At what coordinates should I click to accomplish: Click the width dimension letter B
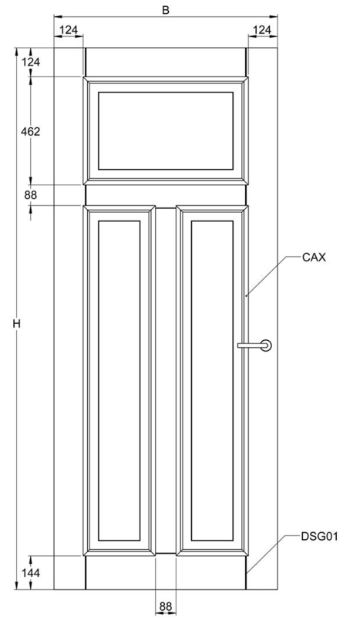point(166,10)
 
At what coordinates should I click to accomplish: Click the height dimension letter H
point(16,324)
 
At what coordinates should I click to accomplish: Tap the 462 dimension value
point(30,131)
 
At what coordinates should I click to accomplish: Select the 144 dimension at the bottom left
point(30,573)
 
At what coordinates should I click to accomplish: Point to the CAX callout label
point(314,258)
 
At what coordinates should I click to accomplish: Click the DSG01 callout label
point(319,536)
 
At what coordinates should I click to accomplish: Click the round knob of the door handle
point(267,346)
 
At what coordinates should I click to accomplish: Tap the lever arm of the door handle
point(251,346)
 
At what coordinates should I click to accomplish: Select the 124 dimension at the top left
point(69,29)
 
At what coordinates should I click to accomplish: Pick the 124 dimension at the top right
point(261,29)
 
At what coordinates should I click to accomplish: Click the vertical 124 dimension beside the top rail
point(30,62)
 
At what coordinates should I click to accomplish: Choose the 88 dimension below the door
point(166,606)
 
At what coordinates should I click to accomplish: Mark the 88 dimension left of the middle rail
point(30,195)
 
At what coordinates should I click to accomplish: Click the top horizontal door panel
point(166,131)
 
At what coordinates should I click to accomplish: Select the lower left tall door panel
point(119,380)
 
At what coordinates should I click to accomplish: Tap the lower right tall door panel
point(212,380)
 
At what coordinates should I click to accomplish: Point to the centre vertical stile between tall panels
point(166,380)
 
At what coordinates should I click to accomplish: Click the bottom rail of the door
point(166,573)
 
